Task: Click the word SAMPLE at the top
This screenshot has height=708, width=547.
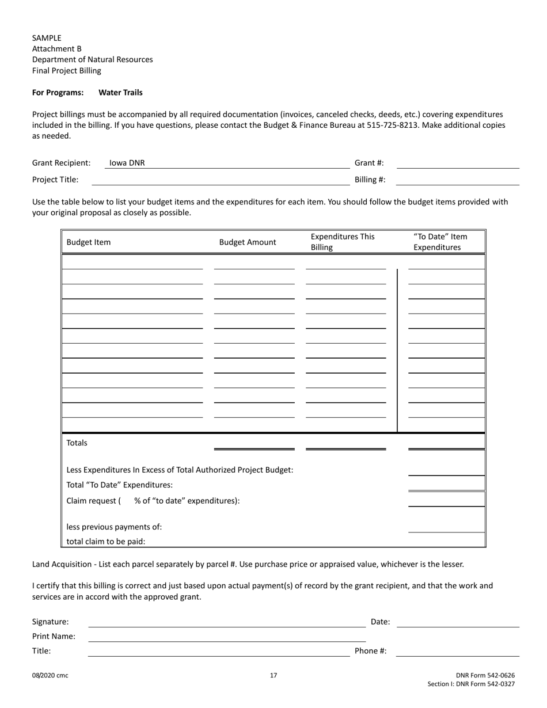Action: coord(47,38)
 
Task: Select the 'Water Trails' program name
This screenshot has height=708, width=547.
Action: coord(120,92)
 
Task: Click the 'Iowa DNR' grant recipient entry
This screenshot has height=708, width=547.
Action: coord(127,163)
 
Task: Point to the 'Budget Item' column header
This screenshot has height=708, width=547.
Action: coord(89,242)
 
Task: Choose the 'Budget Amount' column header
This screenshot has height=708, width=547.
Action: coord(248,242)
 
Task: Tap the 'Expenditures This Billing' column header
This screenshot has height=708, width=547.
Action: coord(343,242)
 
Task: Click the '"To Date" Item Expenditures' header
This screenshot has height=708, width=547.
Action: coord(440,242)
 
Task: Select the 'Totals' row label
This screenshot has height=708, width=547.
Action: coord(77,443)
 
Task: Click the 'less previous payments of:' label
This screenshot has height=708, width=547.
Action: coord(114,527)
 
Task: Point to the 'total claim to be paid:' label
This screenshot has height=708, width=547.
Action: coord(106,541)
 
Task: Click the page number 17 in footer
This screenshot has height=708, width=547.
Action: coord(273,675)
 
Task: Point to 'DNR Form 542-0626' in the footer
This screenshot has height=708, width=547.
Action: coord(485,675)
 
